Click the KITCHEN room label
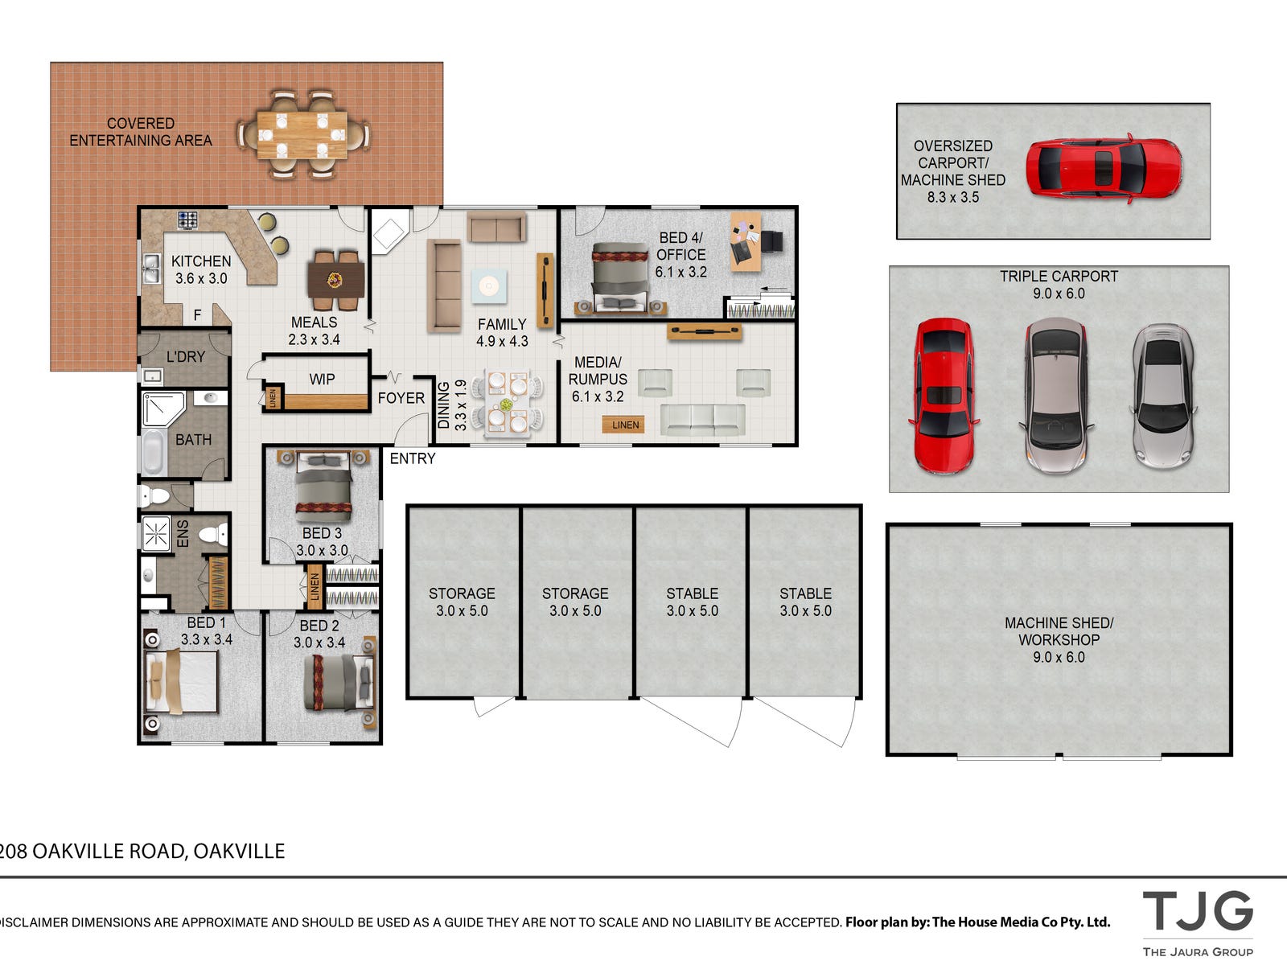tap(201, 261)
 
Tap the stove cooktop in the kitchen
tap(187, 220)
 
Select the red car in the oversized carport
tap(1104, 168)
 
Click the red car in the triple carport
tap(944, 396)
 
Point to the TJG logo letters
tap(1197, 911)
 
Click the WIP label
tap(322, 379)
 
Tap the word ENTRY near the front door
tap(413, 458)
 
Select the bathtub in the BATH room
tap(153, 452)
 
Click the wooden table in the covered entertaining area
tap(302, 135)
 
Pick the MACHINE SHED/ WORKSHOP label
tap(1059, 631)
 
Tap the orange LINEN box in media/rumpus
tap(623, 425)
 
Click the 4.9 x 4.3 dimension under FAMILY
tap(502, 341)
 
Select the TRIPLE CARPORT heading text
tap(1059, 276)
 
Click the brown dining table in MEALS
tap(336, 280)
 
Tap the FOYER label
tap(401, 398)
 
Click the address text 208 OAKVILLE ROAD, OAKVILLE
tap(142, 852)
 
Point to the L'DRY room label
tap(186, 357)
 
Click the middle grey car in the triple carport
tap(1057, 396)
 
